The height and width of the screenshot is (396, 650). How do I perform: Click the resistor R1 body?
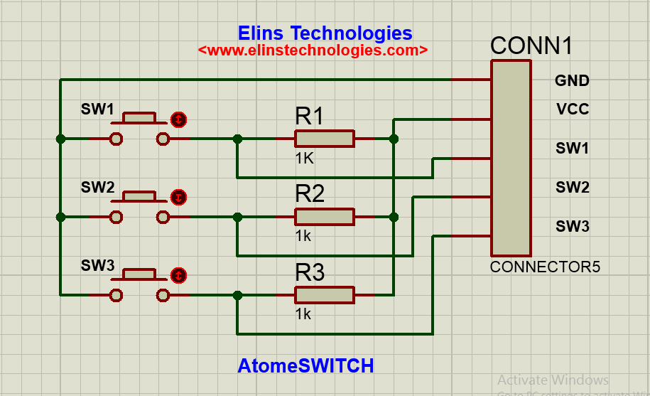point(325,139)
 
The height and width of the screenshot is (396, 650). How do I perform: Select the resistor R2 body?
point(325,217)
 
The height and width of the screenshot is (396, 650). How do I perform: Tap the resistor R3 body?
point(325,295)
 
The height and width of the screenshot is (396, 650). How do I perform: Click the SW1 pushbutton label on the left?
point(97,109)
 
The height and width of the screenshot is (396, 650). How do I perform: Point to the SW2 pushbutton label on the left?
point(97,188)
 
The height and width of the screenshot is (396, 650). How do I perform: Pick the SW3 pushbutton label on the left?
point(97,266)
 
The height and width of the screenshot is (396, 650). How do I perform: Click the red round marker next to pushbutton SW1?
point(179,119)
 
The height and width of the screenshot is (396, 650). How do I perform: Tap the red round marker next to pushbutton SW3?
point(179,275)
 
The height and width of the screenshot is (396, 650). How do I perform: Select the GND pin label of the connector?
point(572,81)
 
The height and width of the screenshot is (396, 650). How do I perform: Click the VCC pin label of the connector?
point(572,110)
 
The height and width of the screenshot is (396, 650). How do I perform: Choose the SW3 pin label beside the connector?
point(572,227)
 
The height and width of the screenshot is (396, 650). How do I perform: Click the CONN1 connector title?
point(531,46)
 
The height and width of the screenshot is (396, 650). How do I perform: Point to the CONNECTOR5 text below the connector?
point(545,267)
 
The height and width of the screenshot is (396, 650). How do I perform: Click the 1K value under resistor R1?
point(304,159)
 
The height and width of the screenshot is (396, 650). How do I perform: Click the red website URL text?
point(313,50)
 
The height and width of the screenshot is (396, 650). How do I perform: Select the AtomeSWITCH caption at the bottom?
point(305,366)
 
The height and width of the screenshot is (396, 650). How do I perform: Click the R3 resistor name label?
point(310,272)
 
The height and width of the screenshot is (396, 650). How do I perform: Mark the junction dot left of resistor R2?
point(237,217)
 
